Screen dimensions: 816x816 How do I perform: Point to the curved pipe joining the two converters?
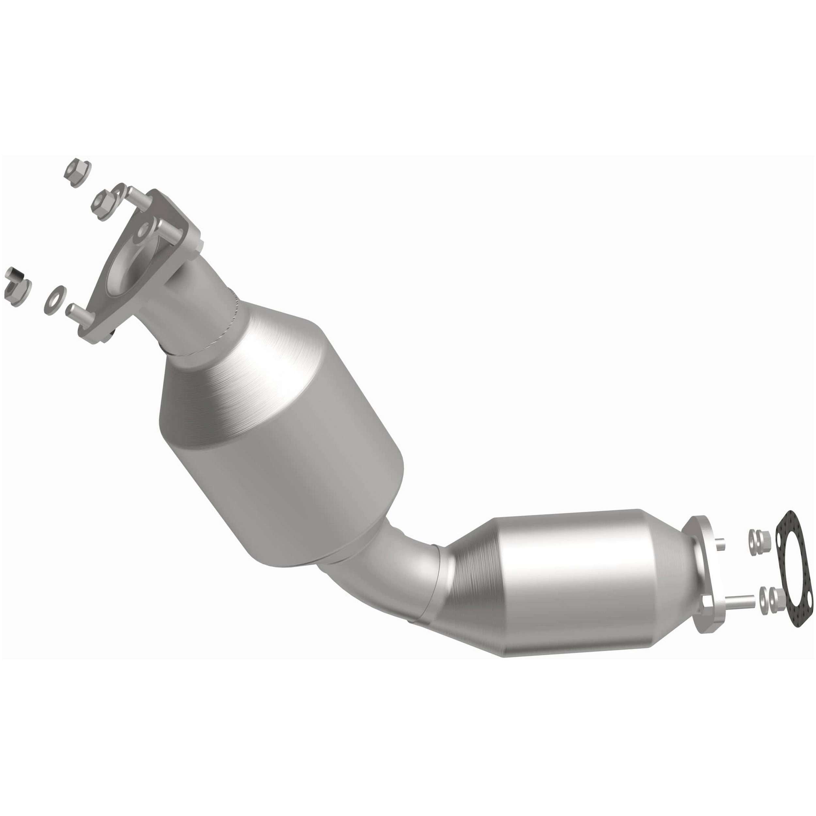click(x=405, y=566)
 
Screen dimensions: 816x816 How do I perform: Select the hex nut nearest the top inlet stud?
click(x=103, y=203)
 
